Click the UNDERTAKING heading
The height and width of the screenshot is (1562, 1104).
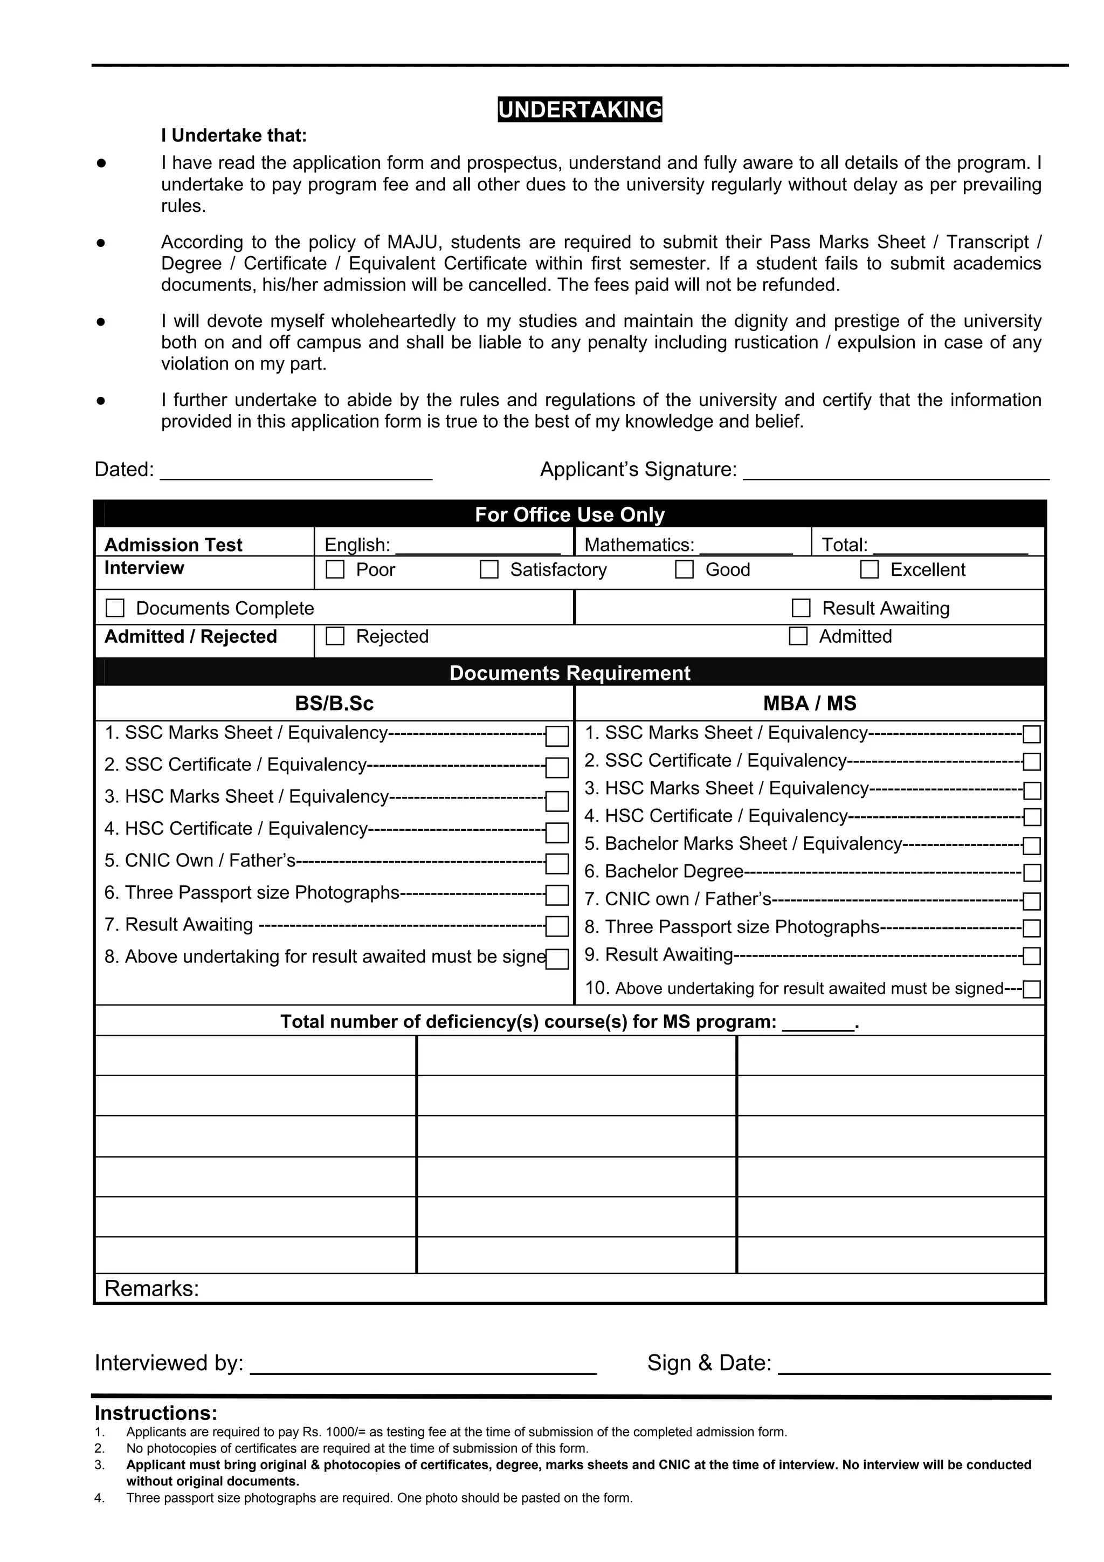[x=579, y=109]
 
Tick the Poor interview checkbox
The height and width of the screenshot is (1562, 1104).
[x=335, y=569]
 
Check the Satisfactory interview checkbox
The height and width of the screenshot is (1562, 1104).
[x=489, y=569]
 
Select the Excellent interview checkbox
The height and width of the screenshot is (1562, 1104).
[x=870, y=569]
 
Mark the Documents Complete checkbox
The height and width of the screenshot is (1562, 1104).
[x=115, y=608]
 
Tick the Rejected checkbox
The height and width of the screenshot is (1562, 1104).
[x=335, y=636]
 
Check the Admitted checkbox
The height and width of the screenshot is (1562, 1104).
[x=798, y=636]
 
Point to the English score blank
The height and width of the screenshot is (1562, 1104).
[x=478, y=546]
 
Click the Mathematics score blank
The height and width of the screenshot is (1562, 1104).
[x=746, y=546]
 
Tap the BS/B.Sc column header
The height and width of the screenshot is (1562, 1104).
[x=334, y=704]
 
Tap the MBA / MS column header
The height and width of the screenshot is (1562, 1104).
[x=810, y=704]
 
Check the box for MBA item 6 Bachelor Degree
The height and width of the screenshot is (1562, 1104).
[x=1031, y=873]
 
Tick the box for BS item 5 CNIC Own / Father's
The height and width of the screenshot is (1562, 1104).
[x=557, y=863]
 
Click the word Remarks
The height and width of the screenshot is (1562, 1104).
[x=151, y=1289]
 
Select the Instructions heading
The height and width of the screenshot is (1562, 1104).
[x=156, y=1413]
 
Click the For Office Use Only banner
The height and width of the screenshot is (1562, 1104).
[x=569, y=514]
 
